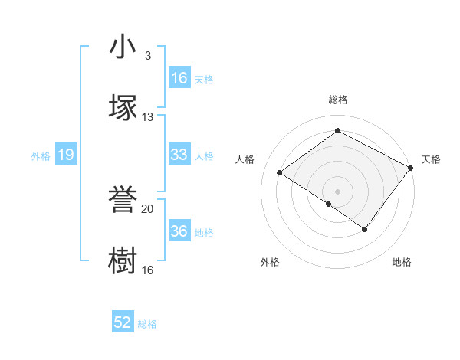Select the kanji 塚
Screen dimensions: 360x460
pyautogui.click(x=123, y=108)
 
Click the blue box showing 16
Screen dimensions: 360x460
pyautogui.click(x=179, y=78)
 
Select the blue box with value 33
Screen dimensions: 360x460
pyautogui.click(x=179, y=155)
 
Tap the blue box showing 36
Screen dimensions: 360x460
pyautogui.click(x=179, y=231)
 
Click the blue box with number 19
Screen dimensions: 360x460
pyautogui.click(x=66, y=155)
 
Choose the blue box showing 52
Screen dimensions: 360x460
pyautogui.click(x=123, y=322)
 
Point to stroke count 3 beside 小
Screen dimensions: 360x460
pyautogui.click(x=148, y=56)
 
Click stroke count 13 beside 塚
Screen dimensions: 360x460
pyautogui.click(x=148, y=117)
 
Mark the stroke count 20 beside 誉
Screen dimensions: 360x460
pyautogui.click(x=148, y=208)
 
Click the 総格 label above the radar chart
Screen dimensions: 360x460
pyautogui.click(x=338, y=100)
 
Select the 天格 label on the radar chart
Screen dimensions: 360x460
pyautogui.click(x=432, y=159)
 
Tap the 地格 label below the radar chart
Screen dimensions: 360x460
pyautogui.click(x=402, y=262)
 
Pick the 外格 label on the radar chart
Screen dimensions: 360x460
pyautogui.click(x=270, y=262)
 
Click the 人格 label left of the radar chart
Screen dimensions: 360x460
pyautogui.click(x=245, y=159)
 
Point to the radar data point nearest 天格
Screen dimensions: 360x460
pyautogui.click(x=411, y=169)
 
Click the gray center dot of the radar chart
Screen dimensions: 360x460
pyautogui.click(x=337, y=191)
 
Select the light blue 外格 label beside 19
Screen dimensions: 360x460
pyautogui.click(x=41, y=155)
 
